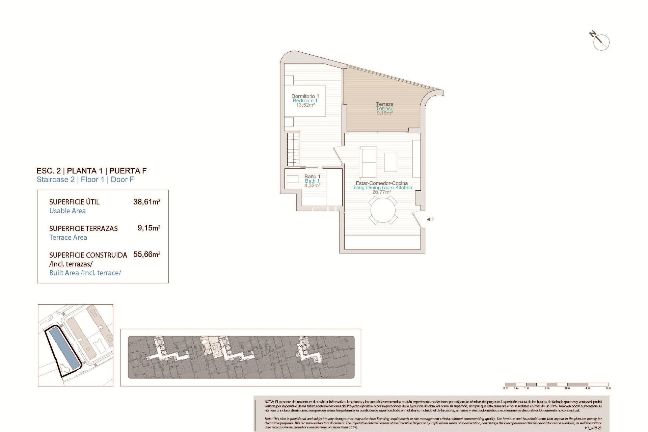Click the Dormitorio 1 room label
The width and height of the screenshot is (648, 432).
tap(305, 96)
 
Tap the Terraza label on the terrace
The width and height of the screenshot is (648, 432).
tap(384, 104)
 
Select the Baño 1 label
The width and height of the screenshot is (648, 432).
tap(312, 177)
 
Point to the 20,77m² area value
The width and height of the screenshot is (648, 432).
tap(382, 192)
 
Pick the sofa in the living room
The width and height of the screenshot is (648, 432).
tap(368, 163)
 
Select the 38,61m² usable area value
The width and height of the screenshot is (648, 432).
tap(146, 202)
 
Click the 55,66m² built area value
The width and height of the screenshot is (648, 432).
tap(146, 254)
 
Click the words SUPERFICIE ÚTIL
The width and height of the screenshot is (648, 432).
tap(74, 202)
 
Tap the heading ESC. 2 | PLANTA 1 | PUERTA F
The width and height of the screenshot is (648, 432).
tap(91, 171)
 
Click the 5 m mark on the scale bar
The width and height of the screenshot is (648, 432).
tap(608, 388)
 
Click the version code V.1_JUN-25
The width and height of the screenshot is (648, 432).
tap(593, 428)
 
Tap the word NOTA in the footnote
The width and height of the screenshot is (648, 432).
tap(269, 402)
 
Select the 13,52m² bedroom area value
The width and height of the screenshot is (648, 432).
tap(305, 105)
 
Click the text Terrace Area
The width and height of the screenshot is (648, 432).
tap(68, 237)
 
